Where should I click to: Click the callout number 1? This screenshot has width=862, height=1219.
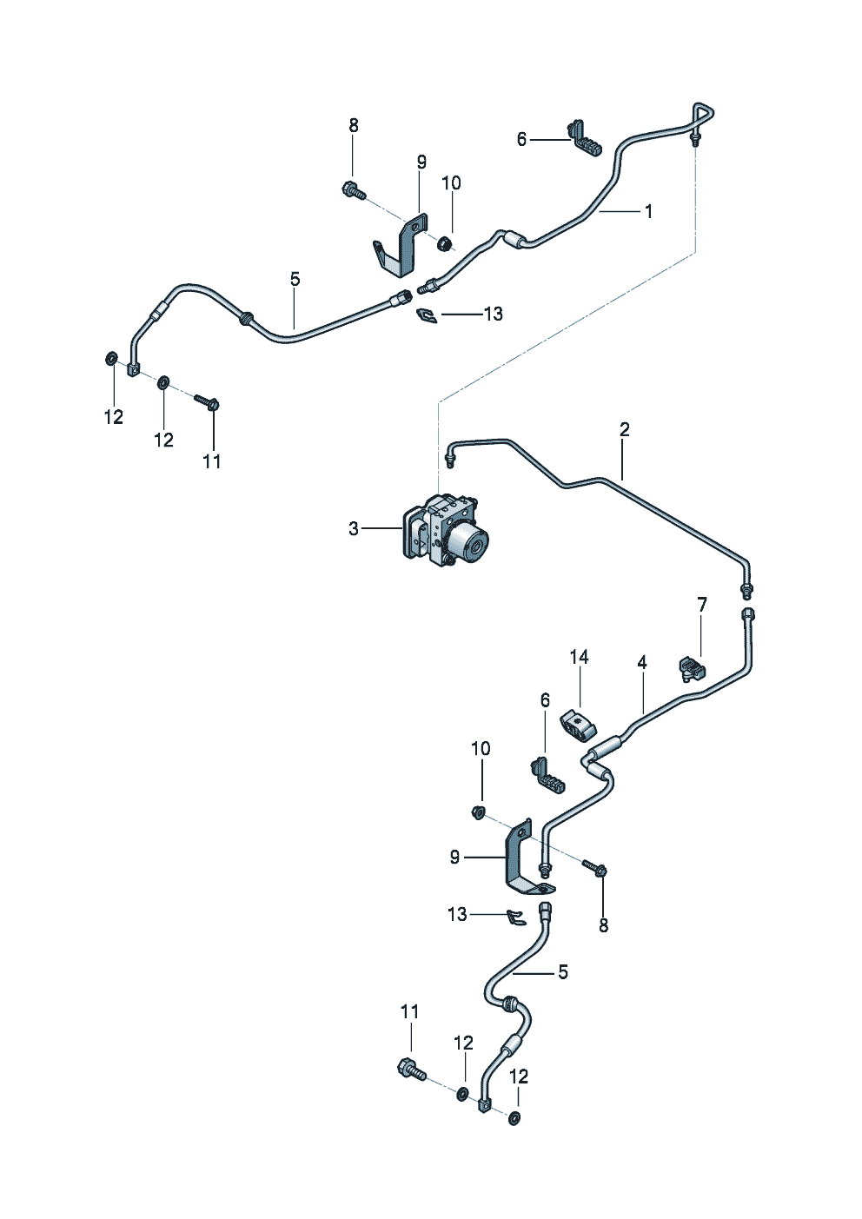[x=648, y=211]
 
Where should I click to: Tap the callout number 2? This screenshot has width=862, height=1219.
[x=625, y=429]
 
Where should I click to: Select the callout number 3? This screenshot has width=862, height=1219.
[x=354, y=528]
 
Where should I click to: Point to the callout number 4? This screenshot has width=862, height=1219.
[x=642, y=663]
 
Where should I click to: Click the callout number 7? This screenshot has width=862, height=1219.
[x=702, y=605]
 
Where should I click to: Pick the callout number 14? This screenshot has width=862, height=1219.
[x=580, y=658]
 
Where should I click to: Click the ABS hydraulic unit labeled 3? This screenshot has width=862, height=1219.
[x=445, y=530]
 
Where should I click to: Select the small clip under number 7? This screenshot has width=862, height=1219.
[x=692, y=669]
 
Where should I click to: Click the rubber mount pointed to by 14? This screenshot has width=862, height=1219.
[x=579, y=725]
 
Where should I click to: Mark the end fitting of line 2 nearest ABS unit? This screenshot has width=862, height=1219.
[x=451, y=453]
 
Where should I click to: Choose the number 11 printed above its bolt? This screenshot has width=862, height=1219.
[x=410, y=1011]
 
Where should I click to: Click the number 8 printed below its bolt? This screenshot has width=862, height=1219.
[x=604, y=926]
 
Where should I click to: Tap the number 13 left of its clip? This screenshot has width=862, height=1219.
[x=457, y=915]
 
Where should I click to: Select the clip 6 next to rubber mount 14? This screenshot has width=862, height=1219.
[x=547, y=775]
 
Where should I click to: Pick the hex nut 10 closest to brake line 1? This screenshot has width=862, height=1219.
[x=444, y=243]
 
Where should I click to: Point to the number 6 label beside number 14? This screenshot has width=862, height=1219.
[x=545, y=700]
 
